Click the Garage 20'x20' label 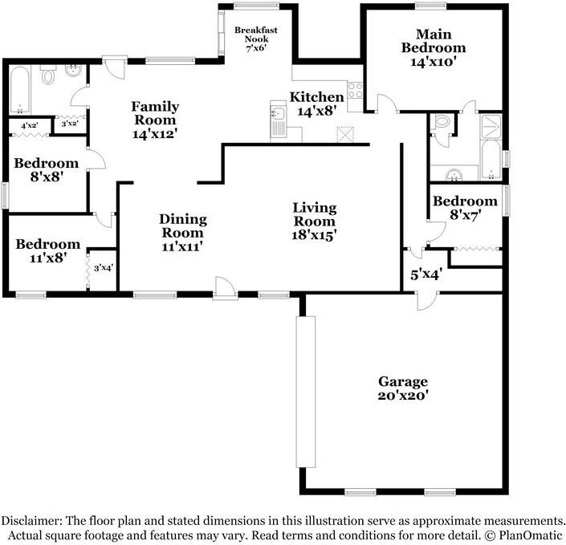(403, 388)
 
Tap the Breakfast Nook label (256, 35)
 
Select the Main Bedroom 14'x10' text (434, 47)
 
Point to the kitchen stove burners (355, 90)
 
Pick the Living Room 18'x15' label (314, 222)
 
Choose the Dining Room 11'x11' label (183, 233)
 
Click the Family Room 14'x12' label (155, 120)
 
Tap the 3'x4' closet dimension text (104, 268)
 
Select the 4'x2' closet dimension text (30, 125)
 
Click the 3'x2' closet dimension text (70, 124)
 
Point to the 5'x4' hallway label (425, 275)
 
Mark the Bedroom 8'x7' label (465, 208)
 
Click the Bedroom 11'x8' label (47, 251)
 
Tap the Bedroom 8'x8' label (47, 169)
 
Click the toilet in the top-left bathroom (48, 75)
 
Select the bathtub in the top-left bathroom (20, 90)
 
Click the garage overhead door (305, 392)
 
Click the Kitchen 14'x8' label (317, 104)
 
